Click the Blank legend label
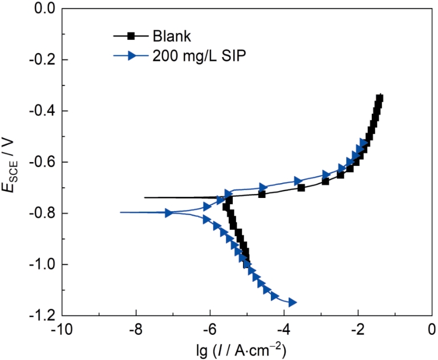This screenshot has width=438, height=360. click(172, 36)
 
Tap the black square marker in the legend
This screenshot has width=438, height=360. click(131, 36)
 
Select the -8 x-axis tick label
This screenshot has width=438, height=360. click(136, 330)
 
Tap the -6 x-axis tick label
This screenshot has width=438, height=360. click(210, 330)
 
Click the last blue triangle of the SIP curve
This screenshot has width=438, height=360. click(293, 302)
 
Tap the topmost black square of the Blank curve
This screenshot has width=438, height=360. click(379, 98)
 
